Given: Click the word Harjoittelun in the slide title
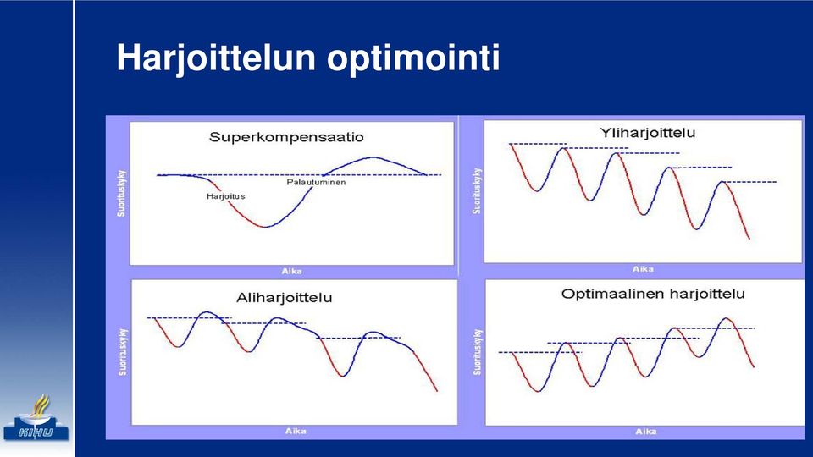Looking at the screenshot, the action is (x=216, y=58).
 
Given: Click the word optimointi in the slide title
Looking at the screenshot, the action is (x=413, y=58).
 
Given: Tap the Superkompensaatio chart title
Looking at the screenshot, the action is (x=286, y=137).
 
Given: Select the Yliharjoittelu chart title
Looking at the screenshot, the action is (x=648, y=133).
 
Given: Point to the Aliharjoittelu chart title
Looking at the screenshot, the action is (x=285, y=298).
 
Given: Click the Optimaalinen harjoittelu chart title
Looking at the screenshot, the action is (x=653, y=294).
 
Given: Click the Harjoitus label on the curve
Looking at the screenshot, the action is (x=225, y=196).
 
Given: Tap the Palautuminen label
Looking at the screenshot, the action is (x=316, y=183).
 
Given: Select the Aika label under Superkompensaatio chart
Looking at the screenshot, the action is (x=291, y=271).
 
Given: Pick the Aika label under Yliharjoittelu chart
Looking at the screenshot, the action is (x=643, y=269).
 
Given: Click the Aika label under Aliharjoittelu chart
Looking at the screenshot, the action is (x=296, y=431).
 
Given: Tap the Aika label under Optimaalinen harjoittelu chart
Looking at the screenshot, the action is (x=646, y=431).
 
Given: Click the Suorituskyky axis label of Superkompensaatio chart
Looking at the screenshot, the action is (x=121, y=193).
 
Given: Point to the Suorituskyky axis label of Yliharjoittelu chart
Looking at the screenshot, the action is (x=477, y=190).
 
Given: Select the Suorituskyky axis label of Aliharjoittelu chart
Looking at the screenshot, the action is (x=122, y=352).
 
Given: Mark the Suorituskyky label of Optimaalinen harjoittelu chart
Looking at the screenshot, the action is (x=477, y=352).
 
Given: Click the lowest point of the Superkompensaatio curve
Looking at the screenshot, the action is (x=265, y=227).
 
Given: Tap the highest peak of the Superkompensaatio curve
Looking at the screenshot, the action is (x=373, y=157).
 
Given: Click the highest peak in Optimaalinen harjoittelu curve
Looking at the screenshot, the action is (x=727, y=318).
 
